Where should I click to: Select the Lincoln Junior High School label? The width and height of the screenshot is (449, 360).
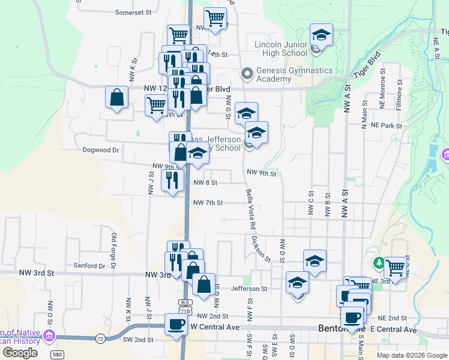(281, 49)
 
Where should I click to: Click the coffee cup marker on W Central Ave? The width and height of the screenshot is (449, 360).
(176, 325)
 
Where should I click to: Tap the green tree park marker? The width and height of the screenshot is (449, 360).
(379, 263)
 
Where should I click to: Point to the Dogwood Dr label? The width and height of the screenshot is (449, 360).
(101, 150)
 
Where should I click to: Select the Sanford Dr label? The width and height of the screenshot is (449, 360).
(89, 265)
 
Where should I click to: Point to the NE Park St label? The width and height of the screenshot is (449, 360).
(386, 126)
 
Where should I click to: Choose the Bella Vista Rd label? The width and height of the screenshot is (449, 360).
(250, 209)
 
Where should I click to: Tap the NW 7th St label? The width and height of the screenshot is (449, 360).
(208, 203)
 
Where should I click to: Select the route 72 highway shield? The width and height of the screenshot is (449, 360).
(100, 339)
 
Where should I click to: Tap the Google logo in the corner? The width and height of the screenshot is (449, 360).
(20, 353)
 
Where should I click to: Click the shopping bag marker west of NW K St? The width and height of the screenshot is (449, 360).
(116, 97)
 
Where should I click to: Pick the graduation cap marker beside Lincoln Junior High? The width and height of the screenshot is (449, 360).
(321, 35)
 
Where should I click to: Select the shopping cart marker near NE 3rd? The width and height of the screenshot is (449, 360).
(395, 268)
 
